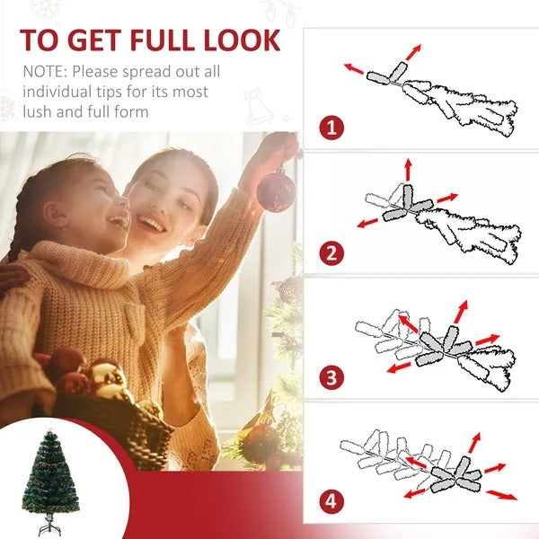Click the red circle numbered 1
tap(331, 127)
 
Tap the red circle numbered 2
tap(331, 252)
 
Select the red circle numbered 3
tap(331, 377)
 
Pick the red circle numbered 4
tap(331, 499)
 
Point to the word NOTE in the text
tap(42, 71)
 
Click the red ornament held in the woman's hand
tap(276, 190)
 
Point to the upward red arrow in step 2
tap(407, 168)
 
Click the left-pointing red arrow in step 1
tap(354, 67)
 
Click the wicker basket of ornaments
tap(117, 422)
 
